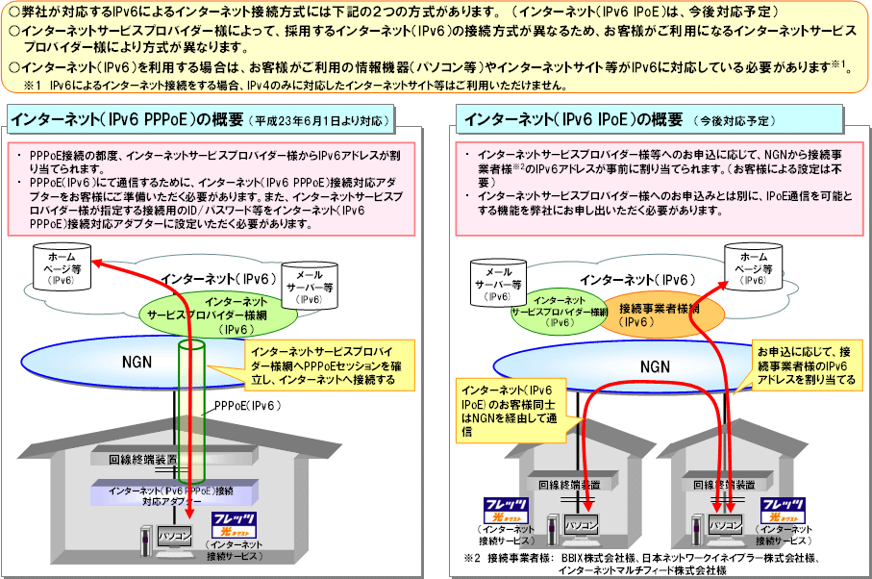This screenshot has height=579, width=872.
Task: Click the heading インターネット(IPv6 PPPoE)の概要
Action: point(124,120)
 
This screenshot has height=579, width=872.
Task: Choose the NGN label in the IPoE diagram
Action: point(654,366)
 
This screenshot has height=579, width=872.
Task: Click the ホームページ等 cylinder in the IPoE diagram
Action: point(755,265)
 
